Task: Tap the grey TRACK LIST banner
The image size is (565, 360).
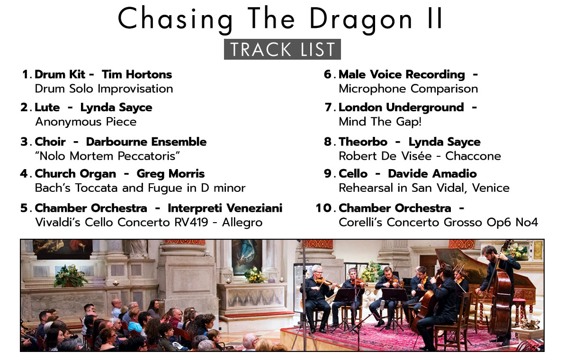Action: pyautogui.click(x=282, y=49)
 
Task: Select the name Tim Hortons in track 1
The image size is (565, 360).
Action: pyautogui.click(x=137, y=74)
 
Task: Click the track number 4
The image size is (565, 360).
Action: pyautogui.click(x=24, y=174)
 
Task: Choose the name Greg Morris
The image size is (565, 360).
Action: pyautogui.click(x=170, y=174)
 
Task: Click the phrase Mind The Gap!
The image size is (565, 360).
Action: pyautogui.click(x=380, y=121)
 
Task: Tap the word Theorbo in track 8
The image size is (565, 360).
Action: pyautogui.click(x=363, y=142)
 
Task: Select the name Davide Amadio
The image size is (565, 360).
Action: pyautogui.click(x=432, y=174)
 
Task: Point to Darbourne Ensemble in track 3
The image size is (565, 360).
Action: pyautogui.click(x=146, y=142)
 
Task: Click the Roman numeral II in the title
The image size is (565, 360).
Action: pyautogui.click(x=435, y=18)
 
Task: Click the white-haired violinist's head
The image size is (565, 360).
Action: pyautogui.click(x=317, y=270)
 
